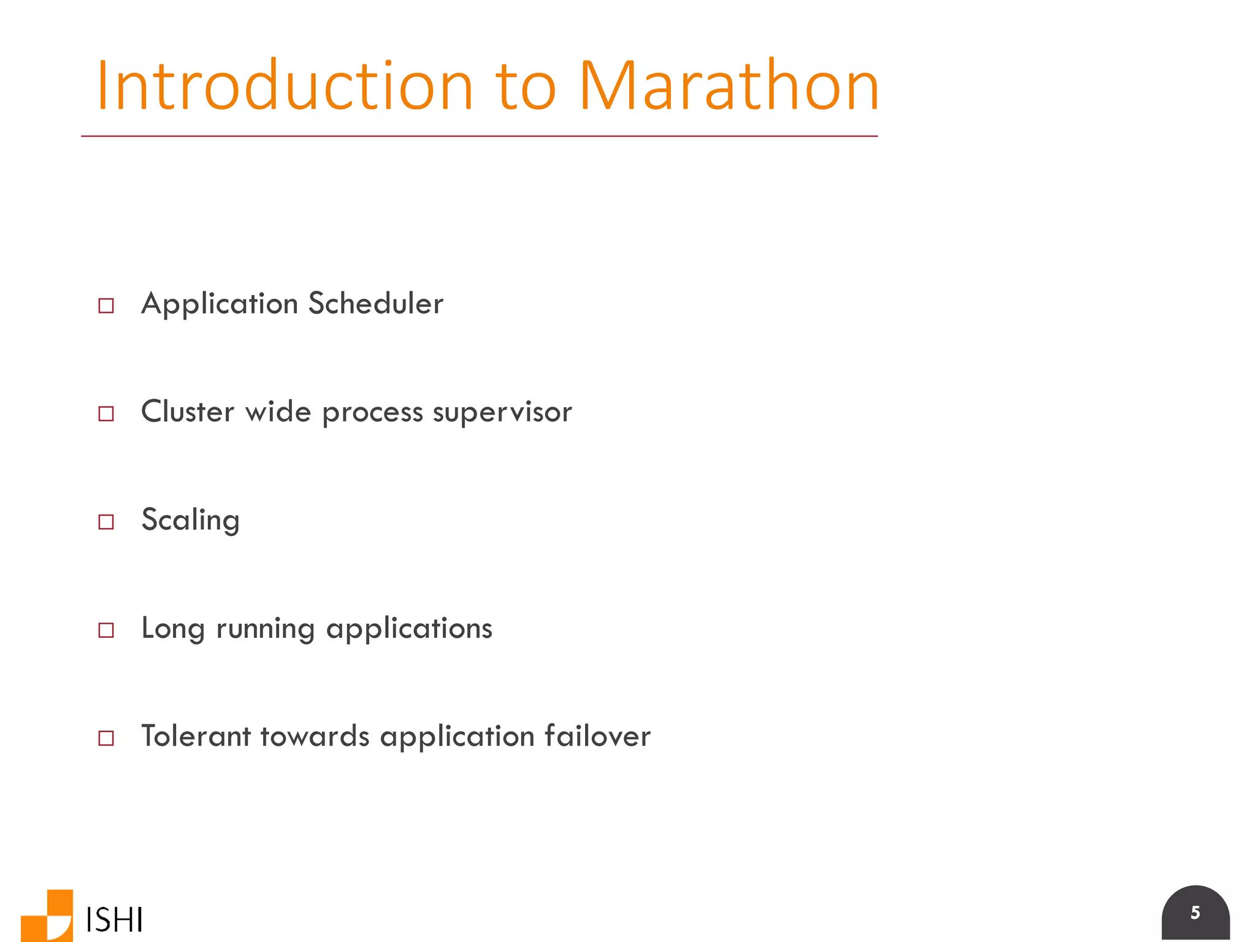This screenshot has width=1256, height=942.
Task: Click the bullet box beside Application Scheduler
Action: tap(106, 305)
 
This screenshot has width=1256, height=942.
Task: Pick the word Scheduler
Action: tap(375, 304)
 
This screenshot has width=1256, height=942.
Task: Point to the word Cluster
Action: tap(188, 412)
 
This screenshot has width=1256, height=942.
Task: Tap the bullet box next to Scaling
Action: tap(106, 522)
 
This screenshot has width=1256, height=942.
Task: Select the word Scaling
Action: tap(190, 521)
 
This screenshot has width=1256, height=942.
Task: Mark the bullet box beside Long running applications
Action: tap(106, 630)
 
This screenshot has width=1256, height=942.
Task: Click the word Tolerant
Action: tap(196, 736)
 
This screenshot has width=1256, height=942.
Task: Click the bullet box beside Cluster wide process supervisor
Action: tap(106, 413)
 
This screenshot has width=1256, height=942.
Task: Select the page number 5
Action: tap(1195, 913)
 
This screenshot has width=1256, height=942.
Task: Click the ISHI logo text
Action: tap(115, 919)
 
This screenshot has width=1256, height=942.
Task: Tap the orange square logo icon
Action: tap(48, 916)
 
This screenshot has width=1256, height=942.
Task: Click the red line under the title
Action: tap(478, 136)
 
